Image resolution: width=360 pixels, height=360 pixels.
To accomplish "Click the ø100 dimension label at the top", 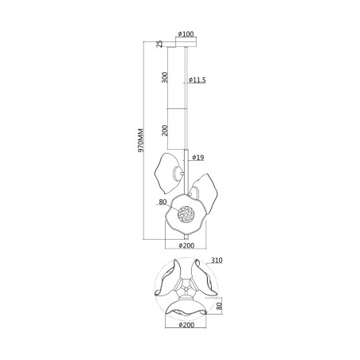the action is point(186,34).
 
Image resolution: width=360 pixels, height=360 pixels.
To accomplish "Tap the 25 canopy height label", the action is point(158,44).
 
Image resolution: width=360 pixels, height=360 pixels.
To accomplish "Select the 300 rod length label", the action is point(165,77).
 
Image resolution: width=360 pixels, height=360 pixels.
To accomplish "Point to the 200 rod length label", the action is point(165,131).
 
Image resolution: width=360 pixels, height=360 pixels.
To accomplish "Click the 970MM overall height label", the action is point(140,140).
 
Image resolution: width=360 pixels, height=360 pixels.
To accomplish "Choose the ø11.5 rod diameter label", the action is point(197,80).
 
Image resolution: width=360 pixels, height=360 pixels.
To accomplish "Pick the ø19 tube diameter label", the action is point(198,158).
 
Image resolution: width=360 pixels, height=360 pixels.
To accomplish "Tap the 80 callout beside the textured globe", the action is point(162,202).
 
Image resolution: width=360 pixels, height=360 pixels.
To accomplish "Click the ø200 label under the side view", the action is point(186,245).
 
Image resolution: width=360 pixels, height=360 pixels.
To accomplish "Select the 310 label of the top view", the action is point(217,260).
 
